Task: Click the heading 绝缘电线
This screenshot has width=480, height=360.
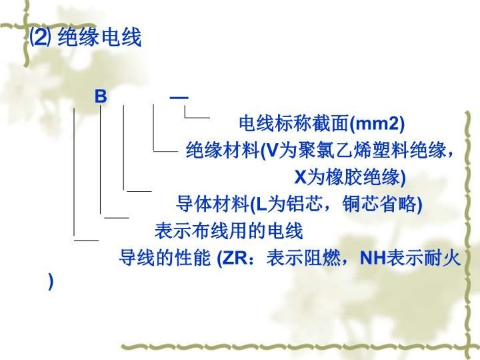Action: pyautogui.click(x=100, y=38)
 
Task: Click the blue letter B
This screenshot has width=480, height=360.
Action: pyautogui.click(x=101, y=96)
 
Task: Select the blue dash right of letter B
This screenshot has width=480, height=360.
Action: pyautogui.click(x=179, y=96)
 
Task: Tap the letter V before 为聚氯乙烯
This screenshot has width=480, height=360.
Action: pyautogui.click(x=272, y=151)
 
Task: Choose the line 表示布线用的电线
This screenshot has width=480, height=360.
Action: pyautogui.click(x=228, y=231)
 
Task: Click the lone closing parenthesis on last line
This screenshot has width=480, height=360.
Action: pyautogui.click(x=50, y=283)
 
